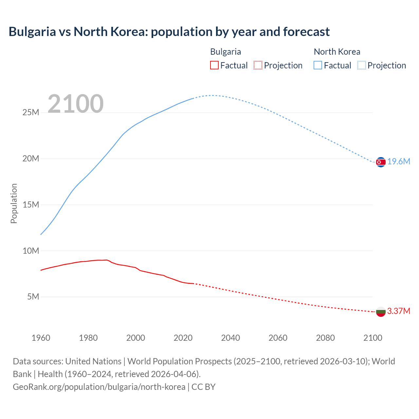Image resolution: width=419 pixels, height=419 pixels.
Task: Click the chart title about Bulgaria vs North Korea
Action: pyautogui.click(x=169, y=32)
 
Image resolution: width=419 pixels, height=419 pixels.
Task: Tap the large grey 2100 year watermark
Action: pyautogui.click(x=76, y=104)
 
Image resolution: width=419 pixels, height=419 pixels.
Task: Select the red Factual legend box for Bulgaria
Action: pyautogui.click(x=214, y=65)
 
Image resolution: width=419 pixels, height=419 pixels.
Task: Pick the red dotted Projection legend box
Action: pyautogui.click(x=258, y=65)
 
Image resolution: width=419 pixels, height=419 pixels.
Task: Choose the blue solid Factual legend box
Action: pyautogui.click(x=318, y=65)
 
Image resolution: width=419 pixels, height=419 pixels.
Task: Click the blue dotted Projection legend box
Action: pyautogui.click(x=362, y=65)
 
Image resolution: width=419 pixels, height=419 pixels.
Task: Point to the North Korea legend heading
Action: pyautogui.click(x=337, y=52)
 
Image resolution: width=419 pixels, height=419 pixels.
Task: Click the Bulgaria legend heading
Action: pyautogui.click(x=226, y=52)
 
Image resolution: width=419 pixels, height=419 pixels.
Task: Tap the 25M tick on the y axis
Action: pyautogui.click(x=31, y=113)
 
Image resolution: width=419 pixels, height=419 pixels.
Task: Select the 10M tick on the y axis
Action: pyautogui.click(x=31, y=251)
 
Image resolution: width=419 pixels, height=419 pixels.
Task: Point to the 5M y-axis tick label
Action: pyautogui.click(x=33, y=297)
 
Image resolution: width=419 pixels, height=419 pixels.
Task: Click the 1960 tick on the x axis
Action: pyautogui.click(x=41, y=338)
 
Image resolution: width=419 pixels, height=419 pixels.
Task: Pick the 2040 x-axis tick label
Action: pyautogui.click(x=230, y=338)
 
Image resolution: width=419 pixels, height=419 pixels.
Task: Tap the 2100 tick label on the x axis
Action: pyautogui.click(x=373, y=338)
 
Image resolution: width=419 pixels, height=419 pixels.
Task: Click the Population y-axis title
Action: pyautogui.click(x=14, y=203)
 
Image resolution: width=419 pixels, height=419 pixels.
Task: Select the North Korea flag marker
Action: pyautogui.click(x=381, y=162)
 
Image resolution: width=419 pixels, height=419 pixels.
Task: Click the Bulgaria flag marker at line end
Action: pyautogui.click(x=381, y=312)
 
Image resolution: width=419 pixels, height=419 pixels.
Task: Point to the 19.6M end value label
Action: pyautogui.click(x=399, y=162)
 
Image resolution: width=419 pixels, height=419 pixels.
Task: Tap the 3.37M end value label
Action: pyautogui.click(x=399, y=311)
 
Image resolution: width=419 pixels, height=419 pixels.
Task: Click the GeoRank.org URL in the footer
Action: pyautogui.click(x=99, y=387)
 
